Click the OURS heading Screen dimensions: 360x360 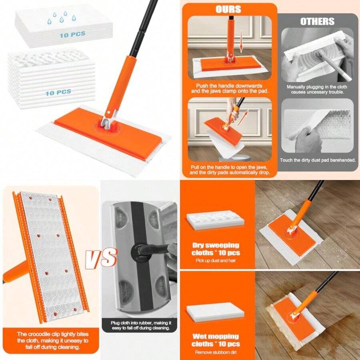228,9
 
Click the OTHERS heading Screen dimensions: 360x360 317,21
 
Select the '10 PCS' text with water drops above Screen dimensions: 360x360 72,35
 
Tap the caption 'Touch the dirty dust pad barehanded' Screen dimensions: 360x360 317,160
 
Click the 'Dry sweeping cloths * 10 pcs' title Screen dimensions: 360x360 216,248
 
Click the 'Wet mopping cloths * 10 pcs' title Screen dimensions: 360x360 216,340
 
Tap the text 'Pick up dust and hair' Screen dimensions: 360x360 216,260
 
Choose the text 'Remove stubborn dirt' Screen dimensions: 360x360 216,352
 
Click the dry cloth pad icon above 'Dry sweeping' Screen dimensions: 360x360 215,220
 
